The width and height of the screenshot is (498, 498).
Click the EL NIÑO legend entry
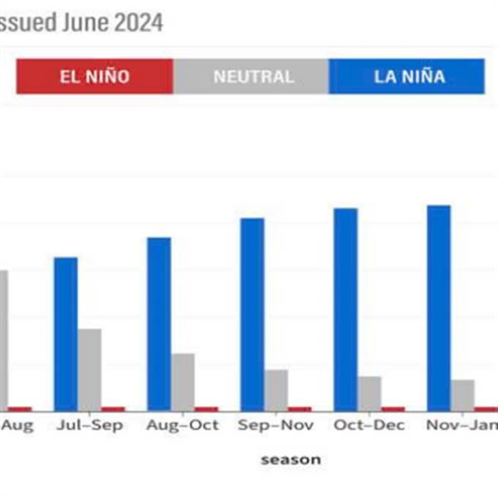95,76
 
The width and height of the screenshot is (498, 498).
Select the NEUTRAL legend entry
252,76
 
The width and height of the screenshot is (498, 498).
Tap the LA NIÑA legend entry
408,76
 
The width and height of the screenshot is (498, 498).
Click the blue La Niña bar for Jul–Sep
66,334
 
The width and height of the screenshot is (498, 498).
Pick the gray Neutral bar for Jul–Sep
90,369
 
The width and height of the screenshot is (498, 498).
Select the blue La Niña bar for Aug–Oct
159,324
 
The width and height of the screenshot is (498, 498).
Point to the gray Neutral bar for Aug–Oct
183,381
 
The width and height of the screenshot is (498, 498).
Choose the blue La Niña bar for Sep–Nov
252,314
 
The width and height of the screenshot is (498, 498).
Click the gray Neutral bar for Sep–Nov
276,389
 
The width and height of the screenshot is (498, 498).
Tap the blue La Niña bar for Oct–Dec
346,309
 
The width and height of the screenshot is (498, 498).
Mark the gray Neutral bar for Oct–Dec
370,393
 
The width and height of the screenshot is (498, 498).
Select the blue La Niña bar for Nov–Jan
439,307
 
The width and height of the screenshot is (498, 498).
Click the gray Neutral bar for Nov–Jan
463,394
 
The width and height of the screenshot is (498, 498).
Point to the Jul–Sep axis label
90,425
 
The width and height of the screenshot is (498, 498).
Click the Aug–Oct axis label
183,425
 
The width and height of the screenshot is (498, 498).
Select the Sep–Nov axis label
276,425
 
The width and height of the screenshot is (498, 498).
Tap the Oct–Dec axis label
369,425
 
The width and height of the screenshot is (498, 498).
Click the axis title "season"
290,459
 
